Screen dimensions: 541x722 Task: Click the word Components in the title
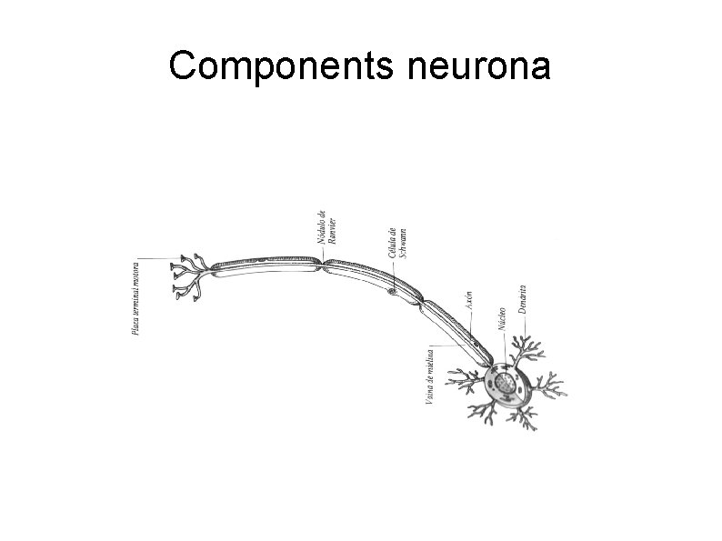(x=269, y=67)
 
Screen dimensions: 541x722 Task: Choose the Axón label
(x=468, y=301)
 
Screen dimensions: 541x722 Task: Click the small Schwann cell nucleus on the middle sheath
(x=391, y=291)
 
